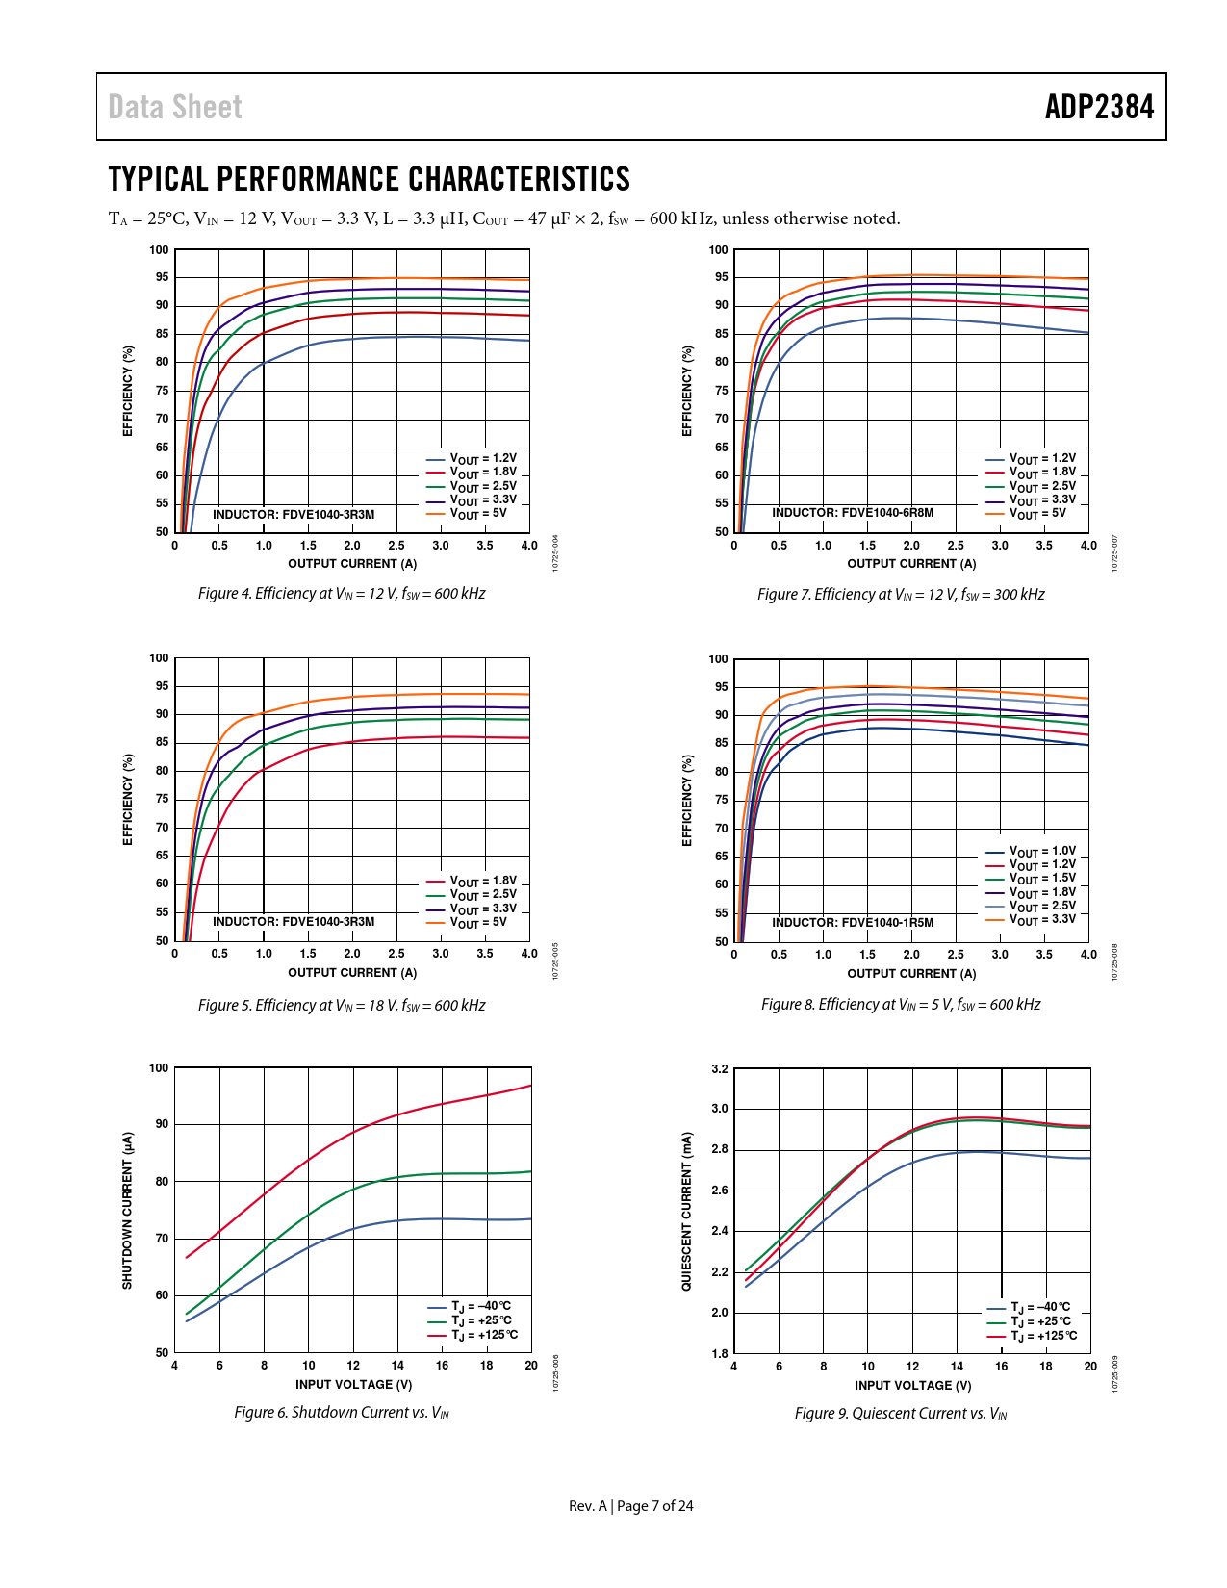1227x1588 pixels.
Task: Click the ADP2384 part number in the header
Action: coord(1099,107)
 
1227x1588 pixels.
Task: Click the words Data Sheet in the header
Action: coord(175,107)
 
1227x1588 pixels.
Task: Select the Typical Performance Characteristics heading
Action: coord(370,179)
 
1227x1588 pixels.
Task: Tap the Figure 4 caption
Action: coord(342,594)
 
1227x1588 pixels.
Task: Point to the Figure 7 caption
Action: coord(901,595)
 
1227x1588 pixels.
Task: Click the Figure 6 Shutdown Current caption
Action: coord(342,1413)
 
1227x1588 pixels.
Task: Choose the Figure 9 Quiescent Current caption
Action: coord(901,1414)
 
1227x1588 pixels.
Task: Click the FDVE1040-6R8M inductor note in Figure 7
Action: coord(853,513)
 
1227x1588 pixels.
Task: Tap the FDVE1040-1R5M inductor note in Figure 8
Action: coord(853,923)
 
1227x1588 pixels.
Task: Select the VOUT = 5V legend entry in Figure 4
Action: coord(477,514)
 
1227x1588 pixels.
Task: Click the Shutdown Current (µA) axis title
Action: coord(127,1210)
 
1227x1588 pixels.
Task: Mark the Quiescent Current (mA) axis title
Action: coord(686,1211)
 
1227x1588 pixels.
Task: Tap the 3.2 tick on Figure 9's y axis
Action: coord(720,1069)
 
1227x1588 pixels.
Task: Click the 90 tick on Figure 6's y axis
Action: coord(162,1124)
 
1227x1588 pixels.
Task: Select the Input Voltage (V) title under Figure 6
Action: coord(353,1385)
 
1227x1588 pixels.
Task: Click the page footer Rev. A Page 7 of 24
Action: coord(630,1506)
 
